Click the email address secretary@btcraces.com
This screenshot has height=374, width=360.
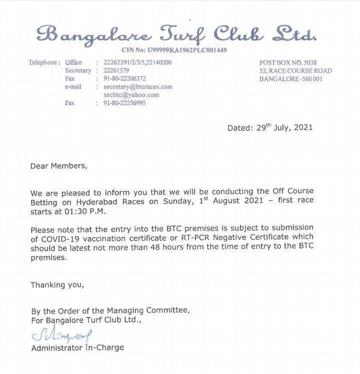(137, 86)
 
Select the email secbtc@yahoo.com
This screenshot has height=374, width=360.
(131, 94)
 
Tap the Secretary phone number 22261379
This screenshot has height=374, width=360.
(116, 70)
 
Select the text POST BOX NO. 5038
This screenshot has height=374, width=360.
(288, 62)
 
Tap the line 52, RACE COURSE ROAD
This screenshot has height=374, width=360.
(295, 70)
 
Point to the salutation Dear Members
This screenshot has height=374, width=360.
(58, 166)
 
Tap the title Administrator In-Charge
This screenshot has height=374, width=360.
(77, 347)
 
